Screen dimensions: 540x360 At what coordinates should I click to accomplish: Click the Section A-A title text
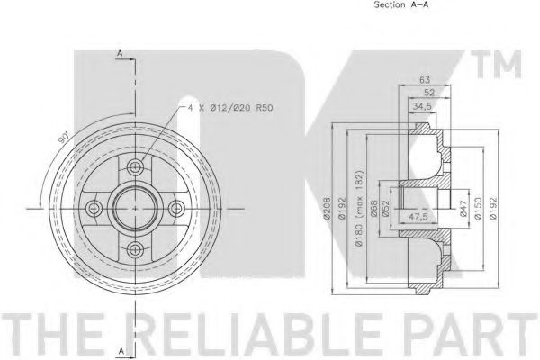point(401,4)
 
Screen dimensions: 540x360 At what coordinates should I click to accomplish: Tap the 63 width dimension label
point(425,80)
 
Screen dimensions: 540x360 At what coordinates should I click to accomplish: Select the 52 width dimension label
point(429,93)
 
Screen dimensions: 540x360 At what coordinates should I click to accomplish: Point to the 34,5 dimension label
point(422,106)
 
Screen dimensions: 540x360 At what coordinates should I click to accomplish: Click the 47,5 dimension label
point(418,216)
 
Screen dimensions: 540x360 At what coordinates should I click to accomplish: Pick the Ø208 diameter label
point(328,208)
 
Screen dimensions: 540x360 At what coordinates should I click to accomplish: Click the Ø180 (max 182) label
point(359,208)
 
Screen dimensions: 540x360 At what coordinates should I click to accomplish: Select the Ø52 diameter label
point(385,208)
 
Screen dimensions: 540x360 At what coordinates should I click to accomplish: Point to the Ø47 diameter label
point(464,209)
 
